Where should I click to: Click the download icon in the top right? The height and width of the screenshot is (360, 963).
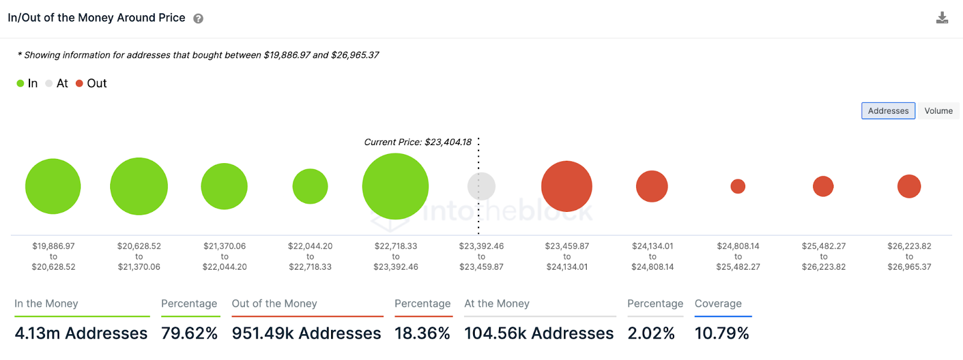pos(942,18)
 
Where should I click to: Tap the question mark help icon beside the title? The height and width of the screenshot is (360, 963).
pos(198,19)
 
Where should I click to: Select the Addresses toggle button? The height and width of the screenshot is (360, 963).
pos(888,111)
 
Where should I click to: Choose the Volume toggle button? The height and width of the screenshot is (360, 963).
pos(938,111)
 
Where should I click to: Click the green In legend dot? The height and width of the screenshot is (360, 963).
pos(20,84)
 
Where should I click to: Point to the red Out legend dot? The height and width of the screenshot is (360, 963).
pos(79,84)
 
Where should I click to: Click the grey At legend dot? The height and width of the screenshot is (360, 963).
pos(49,84)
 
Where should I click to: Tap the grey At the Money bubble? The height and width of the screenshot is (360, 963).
pos(482,186)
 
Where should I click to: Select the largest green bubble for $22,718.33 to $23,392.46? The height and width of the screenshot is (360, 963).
pos(395,186)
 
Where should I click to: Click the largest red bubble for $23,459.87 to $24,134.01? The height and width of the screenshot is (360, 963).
pos(566,186)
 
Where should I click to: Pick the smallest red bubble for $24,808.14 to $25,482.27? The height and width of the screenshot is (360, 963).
pos(738,187)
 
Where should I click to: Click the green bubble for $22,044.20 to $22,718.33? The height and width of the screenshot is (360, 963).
pos(310,187)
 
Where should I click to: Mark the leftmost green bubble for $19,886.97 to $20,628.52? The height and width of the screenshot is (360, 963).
pos(53,187)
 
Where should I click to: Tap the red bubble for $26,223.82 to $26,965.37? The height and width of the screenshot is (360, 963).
pos(909,187)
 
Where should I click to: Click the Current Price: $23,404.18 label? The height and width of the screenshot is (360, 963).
pos(418,142)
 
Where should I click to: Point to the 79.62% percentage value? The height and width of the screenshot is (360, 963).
pos(189,333)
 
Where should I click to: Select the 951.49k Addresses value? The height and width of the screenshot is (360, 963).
pos(306,333)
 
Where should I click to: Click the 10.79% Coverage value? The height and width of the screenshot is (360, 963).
pos(722,333)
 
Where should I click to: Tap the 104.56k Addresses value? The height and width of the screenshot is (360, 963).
pos(539,333)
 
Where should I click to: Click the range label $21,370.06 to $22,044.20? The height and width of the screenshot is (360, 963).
pos(224,256)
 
